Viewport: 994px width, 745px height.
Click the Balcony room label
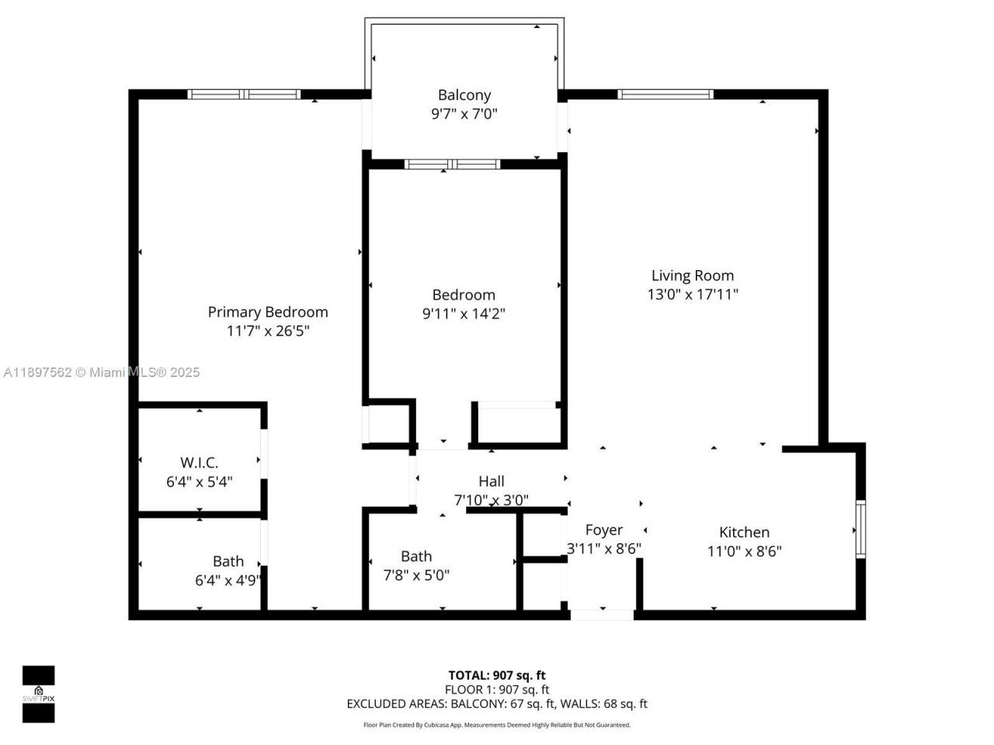464,95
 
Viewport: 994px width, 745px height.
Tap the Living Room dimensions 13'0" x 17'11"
692,294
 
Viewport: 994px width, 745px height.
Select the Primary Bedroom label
268,312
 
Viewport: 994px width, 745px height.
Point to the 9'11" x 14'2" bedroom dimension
464,314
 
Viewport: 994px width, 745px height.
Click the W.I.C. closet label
200,463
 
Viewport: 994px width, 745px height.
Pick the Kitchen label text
744,532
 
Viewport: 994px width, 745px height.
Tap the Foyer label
603,530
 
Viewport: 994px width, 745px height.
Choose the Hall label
491,481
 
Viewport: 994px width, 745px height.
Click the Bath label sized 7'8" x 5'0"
416,556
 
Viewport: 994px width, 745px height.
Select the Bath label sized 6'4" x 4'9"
228,561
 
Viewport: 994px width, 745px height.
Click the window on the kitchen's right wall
860,530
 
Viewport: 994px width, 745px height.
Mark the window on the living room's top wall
666,95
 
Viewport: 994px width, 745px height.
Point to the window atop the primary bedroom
244,95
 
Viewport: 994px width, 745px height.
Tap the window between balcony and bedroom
453,164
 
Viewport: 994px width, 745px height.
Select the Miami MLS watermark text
102,372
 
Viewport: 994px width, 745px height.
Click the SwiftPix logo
38,694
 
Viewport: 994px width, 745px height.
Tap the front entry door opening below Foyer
603,615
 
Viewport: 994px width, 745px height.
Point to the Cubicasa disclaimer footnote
497,725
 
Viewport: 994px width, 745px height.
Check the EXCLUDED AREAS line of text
497,704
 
